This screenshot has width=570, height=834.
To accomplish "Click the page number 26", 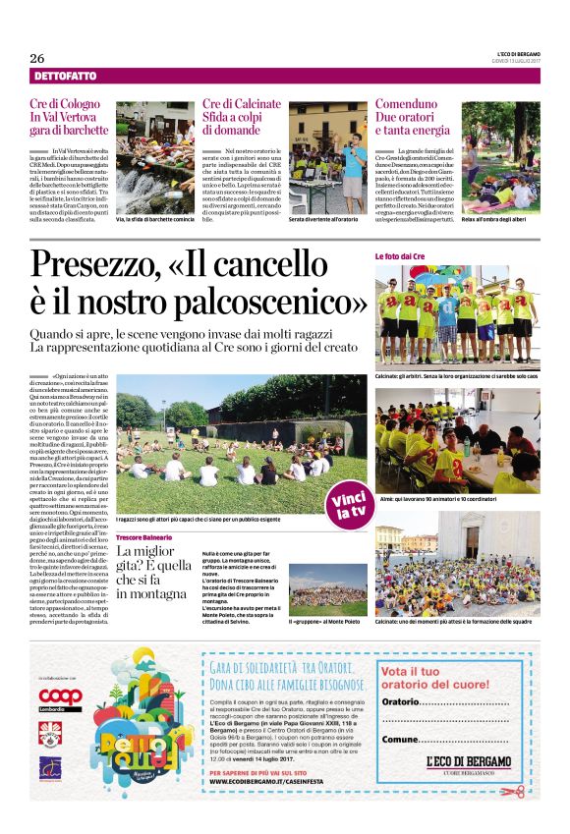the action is point(37,57).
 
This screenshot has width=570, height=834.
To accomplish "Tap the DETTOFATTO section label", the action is point(65,77).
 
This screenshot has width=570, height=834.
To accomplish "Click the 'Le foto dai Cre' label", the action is point(399,256).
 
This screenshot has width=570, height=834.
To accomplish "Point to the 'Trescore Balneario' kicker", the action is point(144,537).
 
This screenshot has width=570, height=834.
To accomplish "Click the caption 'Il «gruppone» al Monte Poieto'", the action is point(321,622).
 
